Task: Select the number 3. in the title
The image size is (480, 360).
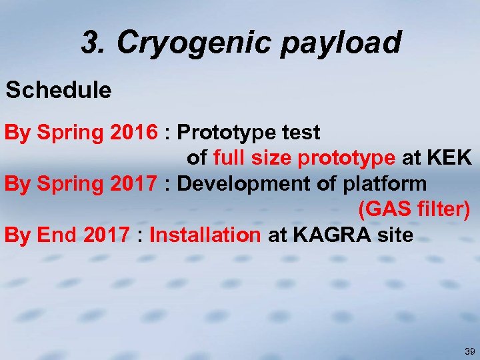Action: click(x=95, y=43)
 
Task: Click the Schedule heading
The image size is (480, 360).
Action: click(x=59, y=90)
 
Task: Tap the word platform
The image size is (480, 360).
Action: click(x=386, y=183)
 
